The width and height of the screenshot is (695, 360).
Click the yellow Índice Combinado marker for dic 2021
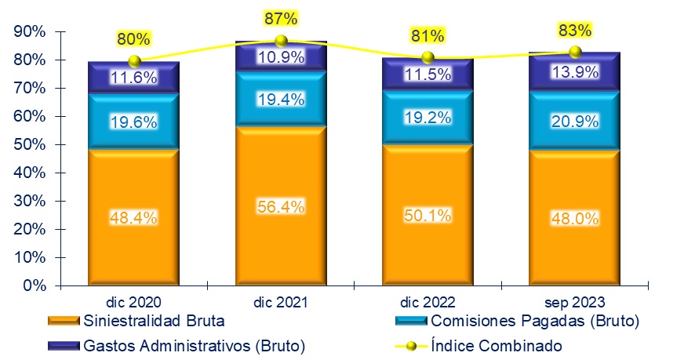(x=281, y=41)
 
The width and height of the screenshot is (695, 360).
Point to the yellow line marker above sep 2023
(x=575, y=52)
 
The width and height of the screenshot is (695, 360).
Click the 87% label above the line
(x=281, y=16)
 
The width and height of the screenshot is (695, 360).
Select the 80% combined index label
(x=133, y=38)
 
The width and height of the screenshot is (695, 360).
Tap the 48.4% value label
(x=134, y=217)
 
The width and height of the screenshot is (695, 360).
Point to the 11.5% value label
(x=428, y=74)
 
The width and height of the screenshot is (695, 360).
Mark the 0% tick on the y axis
(x=34, y=285)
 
